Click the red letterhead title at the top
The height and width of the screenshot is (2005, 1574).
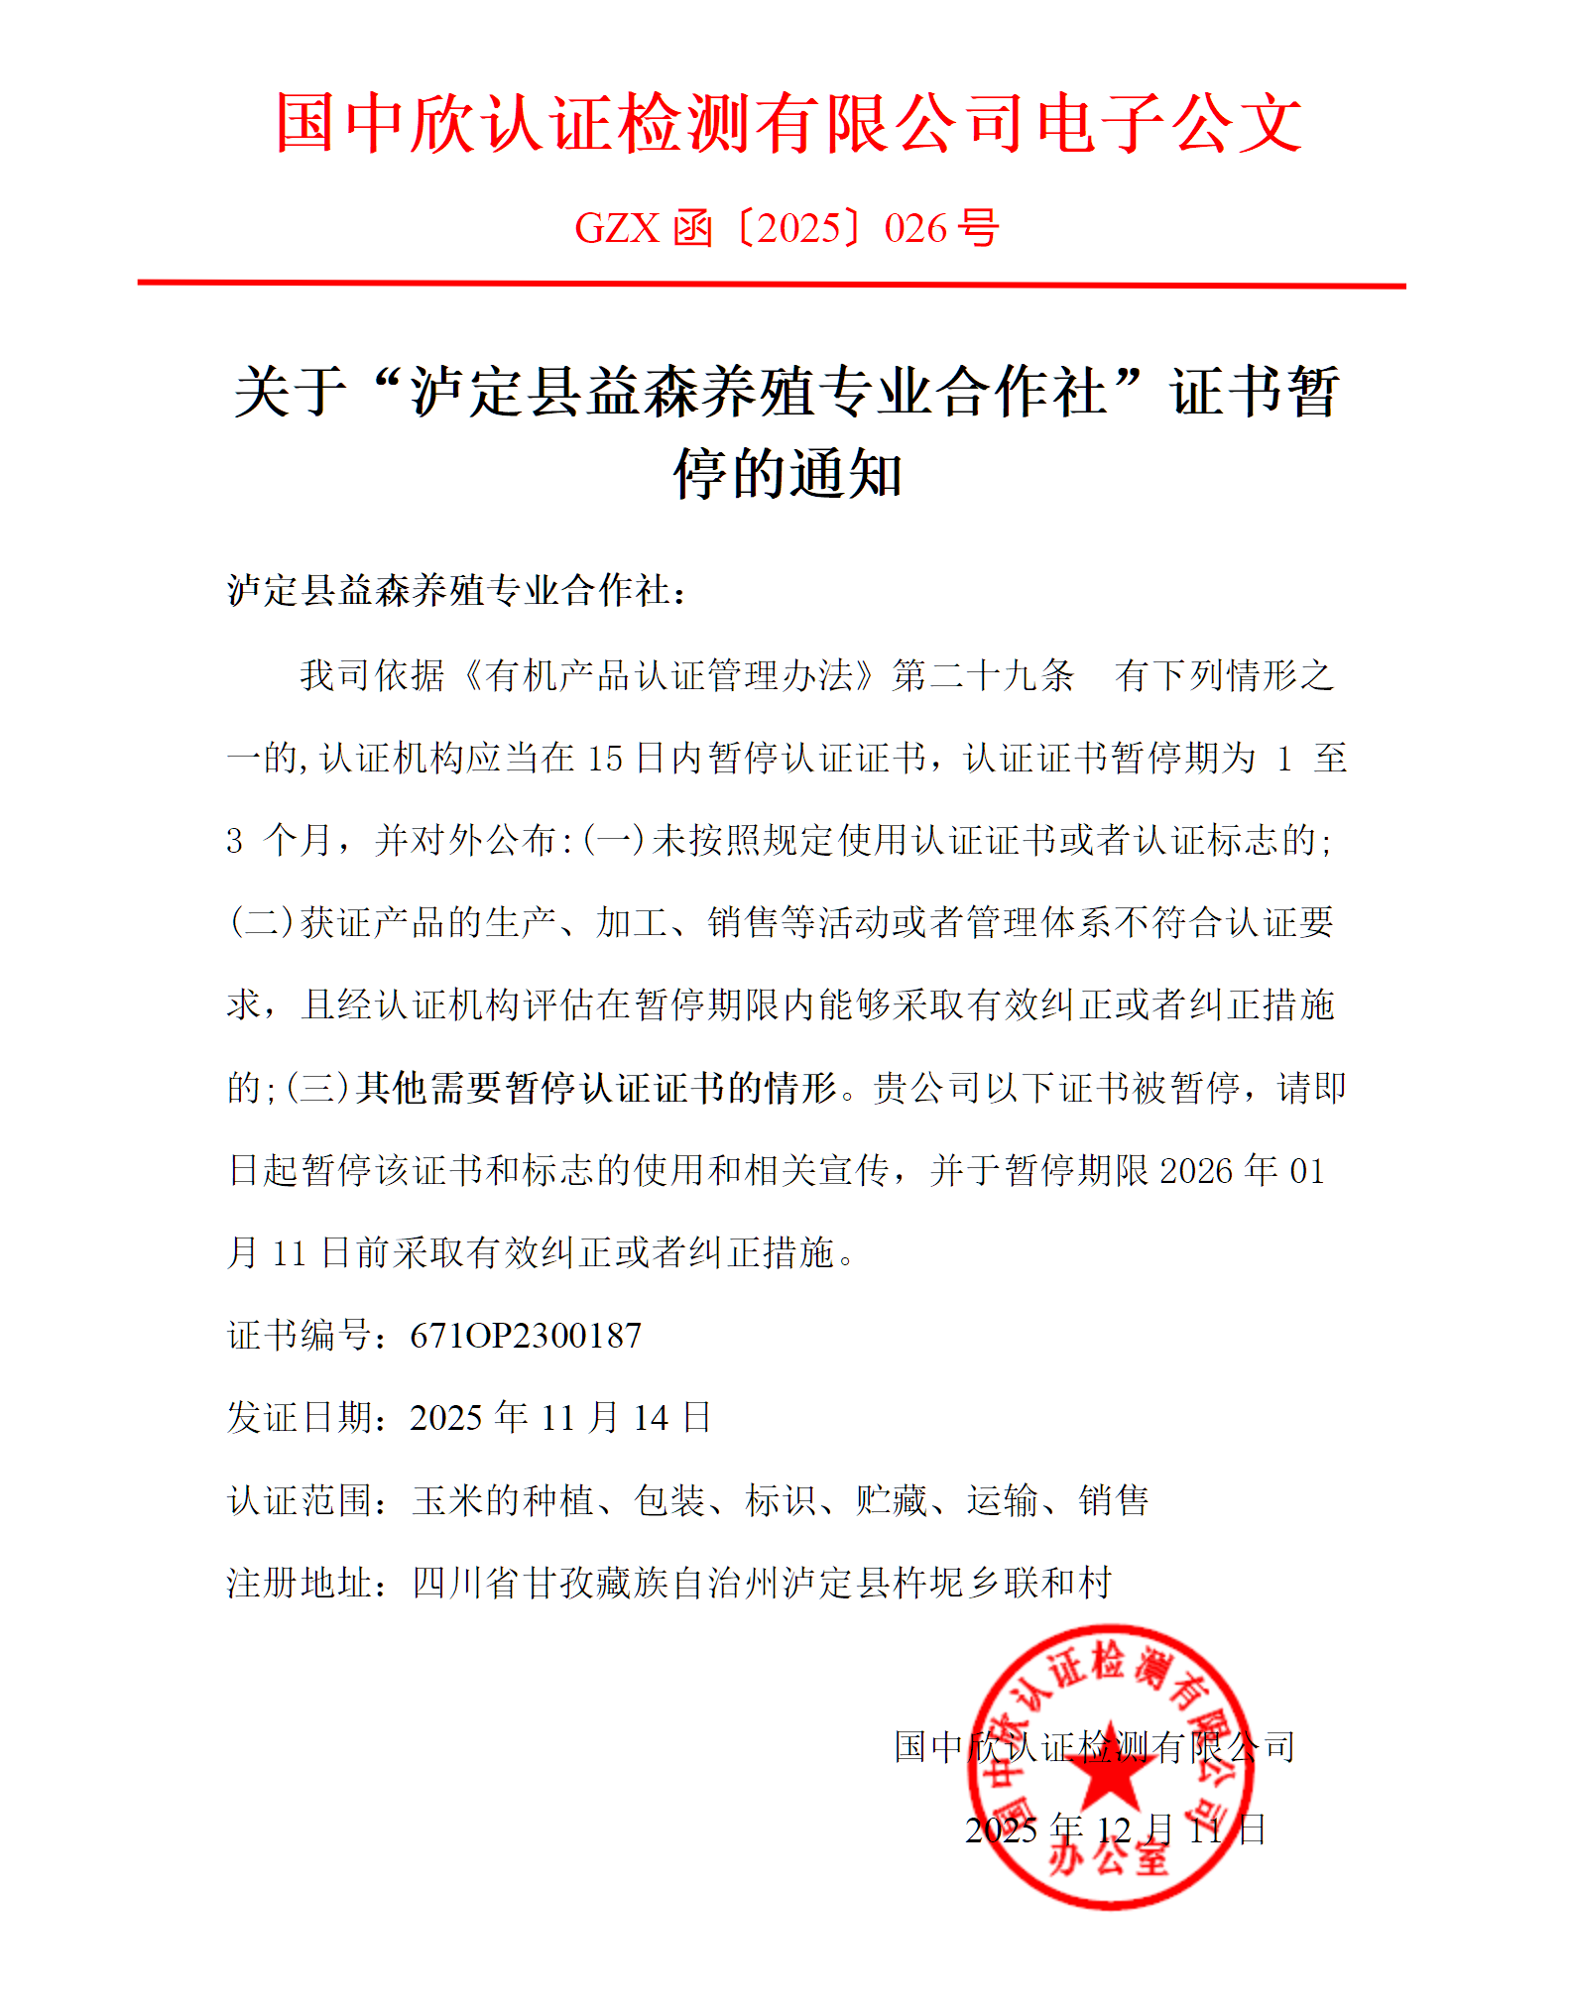coord(787,123)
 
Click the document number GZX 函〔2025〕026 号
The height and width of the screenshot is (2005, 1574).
coord(787,229)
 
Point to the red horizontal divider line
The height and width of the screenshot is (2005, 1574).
coord(772,285)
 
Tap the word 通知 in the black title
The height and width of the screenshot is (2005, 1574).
coord(846,474)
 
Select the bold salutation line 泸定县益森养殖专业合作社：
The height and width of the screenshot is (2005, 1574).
coord(456,591)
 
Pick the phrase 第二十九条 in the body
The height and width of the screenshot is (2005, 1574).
coord(983,676)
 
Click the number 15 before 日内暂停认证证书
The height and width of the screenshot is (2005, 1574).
coord(604,759)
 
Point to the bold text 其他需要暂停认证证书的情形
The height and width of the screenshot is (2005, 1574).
coord(596,1088)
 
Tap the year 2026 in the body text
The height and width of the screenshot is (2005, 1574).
coord(1195,1171)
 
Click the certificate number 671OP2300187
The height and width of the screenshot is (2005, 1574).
coord(526,1336)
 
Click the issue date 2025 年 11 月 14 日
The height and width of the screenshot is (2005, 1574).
coord(560,1418)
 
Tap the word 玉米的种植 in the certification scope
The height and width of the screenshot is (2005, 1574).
coord(503,1500)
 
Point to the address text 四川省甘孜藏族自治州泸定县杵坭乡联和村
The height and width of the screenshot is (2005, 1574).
coord(762,1583)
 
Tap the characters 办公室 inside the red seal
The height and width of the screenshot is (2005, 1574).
coord(1109,1854)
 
